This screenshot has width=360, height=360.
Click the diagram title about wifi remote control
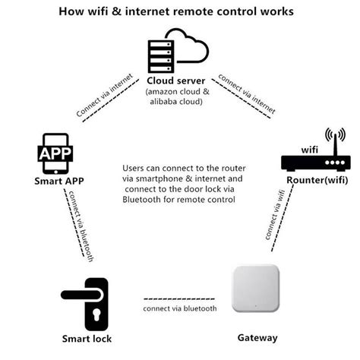(x=179, y=13)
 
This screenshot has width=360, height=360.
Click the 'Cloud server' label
(x=179, y=80)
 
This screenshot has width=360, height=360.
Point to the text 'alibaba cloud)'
(x=179, y=103)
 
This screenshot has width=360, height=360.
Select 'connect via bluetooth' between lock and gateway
(x=180, y=308)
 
